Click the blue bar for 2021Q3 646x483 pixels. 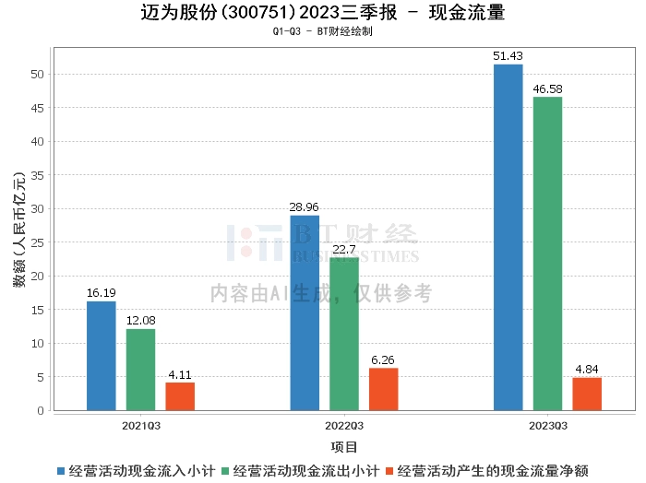click(x=102, y=356)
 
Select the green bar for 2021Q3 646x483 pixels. click(x=141, y=370)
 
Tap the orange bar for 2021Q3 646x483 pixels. click(x=180, y=396)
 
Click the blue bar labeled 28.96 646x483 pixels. click(x=305, y=312)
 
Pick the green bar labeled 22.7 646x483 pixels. click(x=344, y=334)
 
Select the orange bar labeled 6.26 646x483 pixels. click(x=383, y=389)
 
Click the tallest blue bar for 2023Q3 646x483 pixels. click(x=508, y=237)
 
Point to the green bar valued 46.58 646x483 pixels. click(x=547, y=253)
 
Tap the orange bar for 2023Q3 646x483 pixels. click(x=587, y=394)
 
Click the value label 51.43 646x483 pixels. click(x=508, y=57)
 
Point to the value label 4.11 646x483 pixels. click(x=180, y=375)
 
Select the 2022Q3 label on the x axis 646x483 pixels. click(x=344, y=426)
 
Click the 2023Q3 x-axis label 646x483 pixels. click(x=547, y=426)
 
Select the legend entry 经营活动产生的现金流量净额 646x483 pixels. click(x=494, y=470)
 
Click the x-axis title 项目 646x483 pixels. click(x=344, y=447)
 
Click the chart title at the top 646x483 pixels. click(x=323, y=13)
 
